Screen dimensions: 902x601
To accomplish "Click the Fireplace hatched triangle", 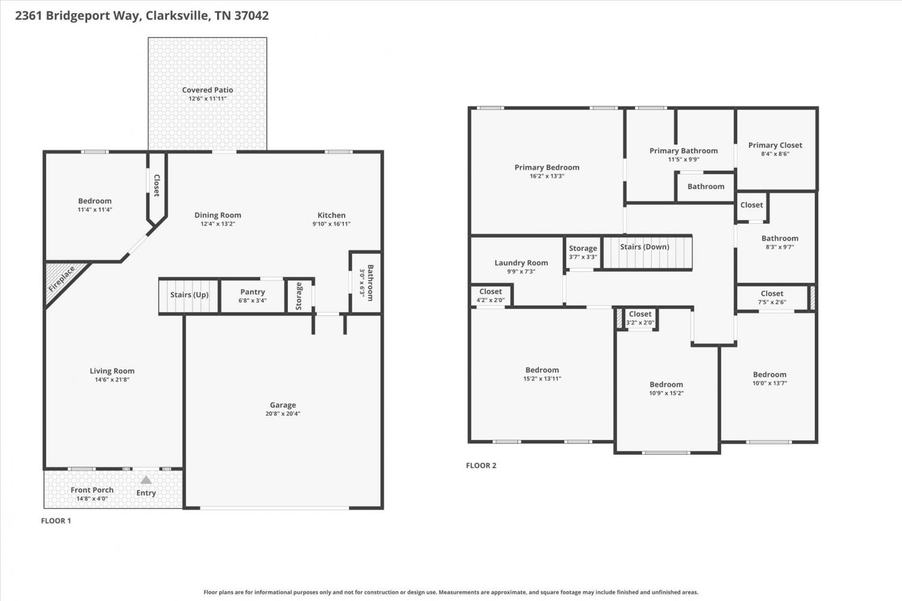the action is coord(60,280).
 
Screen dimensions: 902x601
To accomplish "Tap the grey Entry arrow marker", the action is coord(146,479).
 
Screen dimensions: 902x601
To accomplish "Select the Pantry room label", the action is coord(253,292).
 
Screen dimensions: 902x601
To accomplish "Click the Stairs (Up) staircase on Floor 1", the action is coord(189,296).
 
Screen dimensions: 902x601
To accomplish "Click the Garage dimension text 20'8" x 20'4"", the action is coord(283,414).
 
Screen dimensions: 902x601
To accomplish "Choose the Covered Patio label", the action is coord(207,90).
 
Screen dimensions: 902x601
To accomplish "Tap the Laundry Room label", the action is coord(521,263).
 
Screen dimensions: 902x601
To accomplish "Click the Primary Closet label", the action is coord(775,145).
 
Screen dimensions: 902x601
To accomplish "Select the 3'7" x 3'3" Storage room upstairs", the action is coord(583,253).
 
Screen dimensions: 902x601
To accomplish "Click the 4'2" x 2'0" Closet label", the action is coord(491,291).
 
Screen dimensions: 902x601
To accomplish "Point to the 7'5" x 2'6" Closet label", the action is coord(772,294).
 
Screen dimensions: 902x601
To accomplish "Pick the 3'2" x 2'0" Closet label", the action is coord(640,314).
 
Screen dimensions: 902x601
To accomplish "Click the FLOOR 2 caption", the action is coord(481,466).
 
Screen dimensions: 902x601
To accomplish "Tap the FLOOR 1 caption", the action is coord(56,521).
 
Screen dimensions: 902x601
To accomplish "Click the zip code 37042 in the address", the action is coord(252,15).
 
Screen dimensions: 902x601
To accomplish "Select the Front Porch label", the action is coord(92,490).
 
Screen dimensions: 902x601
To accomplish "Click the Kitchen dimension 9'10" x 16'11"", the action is coord(331,224).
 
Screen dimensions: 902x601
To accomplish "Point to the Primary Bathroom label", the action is coord(683,150).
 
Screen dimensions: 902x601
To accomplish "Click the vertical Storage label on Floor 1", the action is coord(299,296).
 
